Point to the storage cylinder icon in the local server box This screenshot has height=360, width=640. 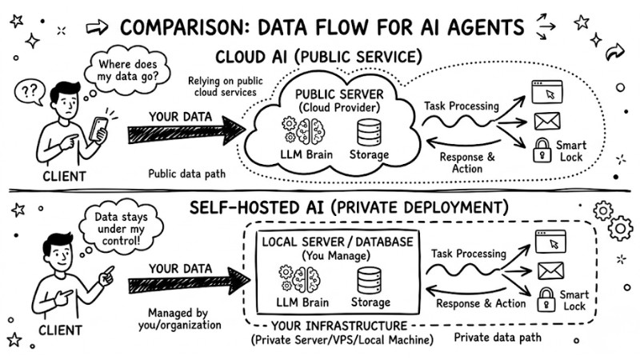(369, 281)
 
